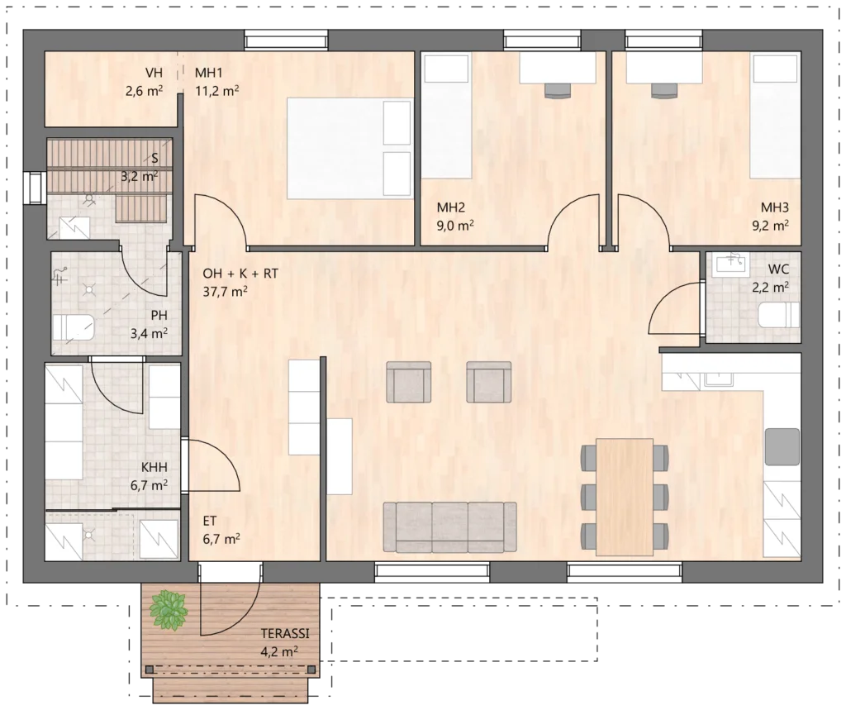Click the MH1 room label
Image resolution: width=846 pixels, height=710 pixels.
pos(209,73)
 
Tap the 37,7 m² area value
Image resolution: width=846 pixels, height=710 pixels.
pos(225,292)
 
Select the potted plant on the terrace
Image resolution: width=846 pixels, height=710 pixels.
pos(169,610)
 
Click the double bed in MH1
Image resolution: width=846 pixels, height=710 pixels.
pos(350,148)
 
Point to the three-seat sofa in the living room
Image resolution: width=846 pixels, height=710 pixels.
pos(450,527)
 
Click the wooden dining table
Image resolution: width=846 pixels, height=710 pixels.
pos(625,497)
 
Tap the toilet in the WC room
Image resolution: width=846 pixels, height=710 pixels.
pos(778,315)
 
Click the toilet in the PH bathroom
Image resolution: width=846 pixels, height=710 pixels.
pos(74,328)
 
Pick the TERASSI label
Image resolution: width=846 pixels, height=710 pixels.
pos(285,633)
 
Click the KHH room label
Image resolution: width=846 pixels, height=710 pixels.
pos(154,468)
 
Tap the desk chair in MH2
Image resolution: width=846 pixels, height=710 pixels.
pos(558,90)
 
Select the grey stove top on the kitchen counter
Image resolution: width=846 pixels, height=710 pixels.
pos(782,446)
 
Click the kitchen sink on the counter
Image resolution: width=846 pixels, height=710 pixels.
pos(718,380)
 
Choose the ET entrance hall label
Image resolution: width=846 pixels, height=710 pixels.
pos(210,521)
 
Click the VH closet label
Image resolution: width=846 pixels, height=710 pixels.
pos(154,73)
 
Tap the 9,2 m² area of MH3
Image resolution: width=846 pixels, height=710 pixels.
pos(771,225)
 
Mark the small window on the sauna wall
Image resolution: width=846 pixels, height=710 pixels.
pos(34,188)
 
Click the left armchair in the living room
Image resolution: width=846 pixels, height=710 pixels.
pos(408,382)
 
